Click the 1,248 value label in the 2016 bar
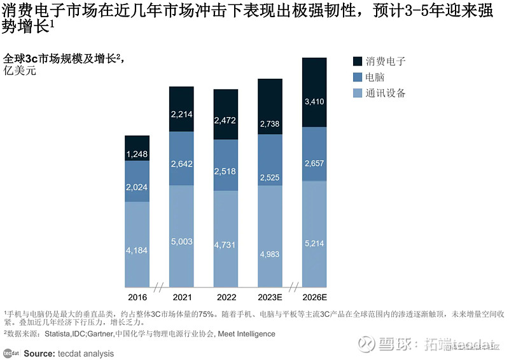(x=137, y=155)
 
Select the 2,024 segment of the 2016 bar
(x=137, y=187)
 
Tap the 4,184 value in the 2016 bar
(x=137, y=251)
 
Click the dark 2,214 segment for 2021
(x=181, y=114)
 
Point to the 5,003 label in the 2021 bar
(x=181, y=242)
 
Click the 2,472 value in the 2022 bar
(x=226, y=120)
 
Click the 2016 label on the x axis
(x=137, y=298)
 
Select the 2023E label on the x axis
(x=270, y=298)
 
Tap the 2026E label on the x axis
(x=314, y=298)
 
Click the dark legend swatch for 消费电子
(x=357, y=61)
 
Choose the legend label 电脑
(x=375, y=77)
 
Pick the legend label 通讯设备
(x=386, y=93)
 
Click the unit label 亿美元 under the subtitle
(x=20, y=71)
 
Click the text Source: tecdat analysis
(x=69, y=353)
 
